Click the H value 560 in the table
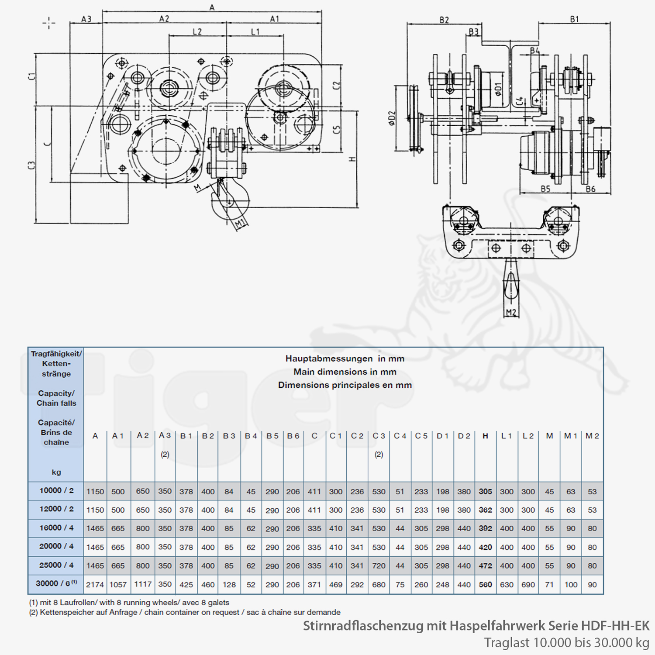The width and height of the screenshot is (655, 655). (x=485, y=584)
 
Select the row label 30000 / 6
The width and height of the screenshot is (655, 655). (x=55, y=583)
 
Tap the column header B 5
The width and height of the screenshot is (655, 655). (x=272, y=436)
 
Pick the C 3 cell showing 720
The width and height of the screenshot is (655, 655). (x=379, y=565)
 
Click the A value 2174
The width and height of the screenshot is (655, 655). (x=95, y=584)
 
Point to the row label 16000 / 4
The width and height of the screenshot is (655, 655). (x=56, y=528)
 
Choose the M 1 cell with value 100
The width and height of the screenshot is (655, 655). (x=571, y=584)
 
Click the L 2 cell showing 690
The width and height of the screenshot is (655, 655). (x=528, y=584)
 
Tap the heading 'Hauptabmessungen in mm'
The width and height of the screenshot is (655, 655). (x=345, y=359)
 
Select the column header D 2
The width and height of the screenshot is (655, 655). (x=464, y=436)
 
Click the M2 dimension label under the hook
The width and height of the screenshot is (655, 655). (x=511, y=312)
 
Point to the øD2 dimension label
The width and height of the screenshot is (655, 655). (x=392, y=118)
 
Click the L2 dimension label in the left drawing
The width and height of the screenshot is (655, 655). (x=197, y=32)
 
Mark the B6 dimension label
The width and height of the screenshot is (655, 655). (x=590, y=189)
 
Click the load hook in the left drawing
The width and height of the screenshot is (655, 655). (x=229, y=203)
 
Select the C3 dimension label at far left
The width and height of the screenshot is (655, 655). (x=31, y=165)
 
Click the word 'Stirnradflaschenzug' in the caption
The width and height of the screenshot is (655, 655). (x=363, y=626)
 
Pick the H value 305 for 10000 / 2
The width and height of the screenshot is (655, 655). (x=485, y=491)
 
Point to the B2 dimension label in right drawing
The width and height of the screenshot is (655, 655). (x=444, y=20)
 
